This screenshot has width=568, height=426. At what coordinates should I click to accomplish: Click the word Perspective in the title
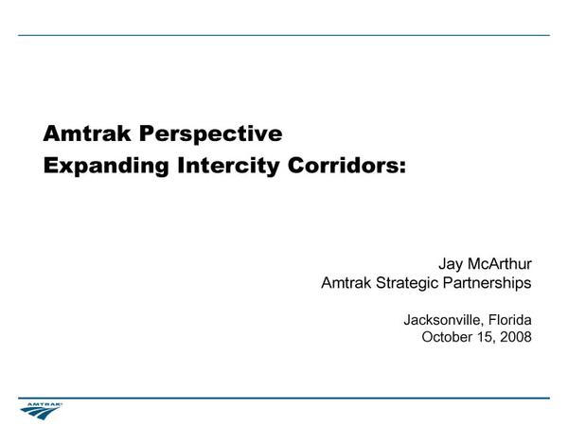pos(210,134)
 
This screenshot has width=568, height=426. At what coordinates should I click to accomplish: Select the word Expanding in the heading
pos(106,167)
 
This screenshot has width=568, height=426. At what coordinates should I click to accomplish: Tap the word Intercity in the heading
pos(228,167)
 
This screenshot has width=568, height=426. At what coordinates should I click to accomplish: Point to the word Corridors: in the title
pos(346,166)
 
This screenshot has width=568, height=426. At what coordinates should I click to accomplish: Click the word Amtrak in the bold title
pos(86,133)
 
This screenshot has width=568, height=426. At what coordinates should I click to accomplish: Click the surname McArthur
pos(500,264)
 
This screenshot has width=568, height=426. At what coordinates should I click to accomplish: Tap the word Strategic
pos(407,283)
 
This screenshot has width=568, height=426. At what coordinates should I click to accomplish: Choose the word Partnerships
pos(488,283)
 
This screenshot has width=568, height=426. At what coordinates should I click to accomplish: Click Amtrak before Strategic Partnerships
pos(346,282)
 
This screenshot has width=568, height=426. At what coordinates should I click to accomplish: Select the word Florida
pos(510,320)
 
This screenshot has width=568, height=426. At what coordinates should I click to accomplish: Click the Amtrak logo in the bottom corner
pos(41,411)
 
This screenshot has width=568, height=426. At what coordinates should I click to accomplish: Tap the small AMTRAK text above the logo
pos(44,404)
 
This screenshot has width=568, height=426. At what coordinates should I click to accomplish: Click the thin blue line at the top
pos(284,35)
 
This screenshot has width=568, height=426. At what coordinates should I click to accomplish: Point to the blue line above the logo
pos(284,399)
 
